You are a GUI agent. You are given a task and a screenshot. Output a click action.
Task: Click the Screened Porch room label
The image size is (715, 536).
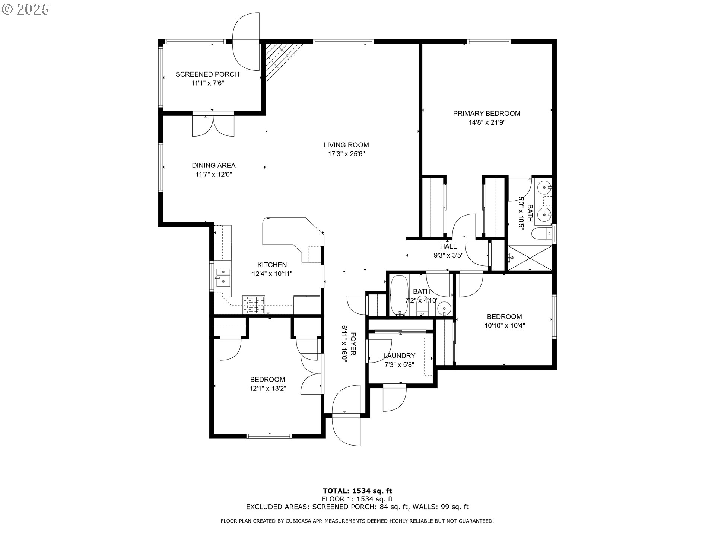(207, 74)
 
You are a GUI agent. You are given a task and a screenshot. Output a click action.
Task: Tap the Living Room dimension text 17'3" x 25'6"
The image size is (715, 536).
(346, 154)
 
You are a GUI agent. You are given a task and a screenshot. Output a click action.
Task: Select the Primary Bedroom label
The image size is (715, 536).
(486, 114)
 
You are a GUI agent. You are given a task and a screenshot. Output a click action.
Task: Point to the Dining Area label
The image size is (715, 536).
(214, 166)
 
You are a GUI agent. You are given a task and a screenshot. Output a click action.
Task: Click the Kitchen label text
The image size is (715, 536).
(272, 265)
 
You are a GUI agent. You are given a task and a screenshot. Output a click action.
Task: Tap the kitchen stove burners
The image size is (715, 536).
(254, 304)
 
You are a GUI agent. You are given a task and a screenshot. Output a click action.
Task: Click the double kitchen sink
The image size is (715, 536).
(223, 276)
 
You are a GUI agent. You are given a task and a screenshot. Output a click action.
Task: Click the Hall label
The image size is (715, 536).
(448, 246)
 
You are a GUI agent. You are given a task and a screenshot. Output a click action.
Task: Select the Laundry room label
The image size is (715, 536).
(399, 356)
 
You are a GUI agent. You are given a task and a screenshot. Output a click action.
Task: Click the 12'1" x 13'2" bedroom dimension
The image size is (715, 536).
(268, 389)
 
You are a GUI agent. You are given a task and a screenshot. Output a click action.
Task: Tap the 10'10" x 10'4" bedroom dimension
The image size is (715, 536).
(505, 326)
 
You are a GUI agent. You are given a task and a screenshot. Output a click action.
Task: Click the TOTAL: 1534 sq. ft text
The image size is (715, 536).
(357, 491)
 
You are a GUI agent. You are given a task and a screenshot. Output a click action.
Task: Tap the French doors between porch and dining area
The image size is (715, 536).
(213, 125)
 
